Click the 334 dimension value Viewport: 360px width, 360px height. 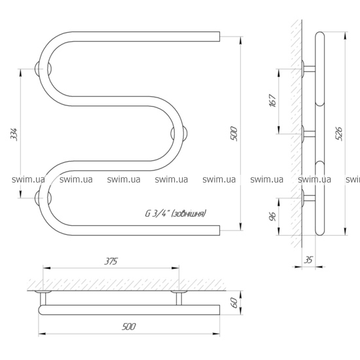tap(14, 134)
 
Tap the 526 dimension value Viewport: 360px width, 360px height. tap(339, 134)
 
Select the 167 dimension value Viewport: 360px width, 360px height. tap(273, 100)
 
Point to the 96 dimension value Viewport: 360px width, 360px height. tap(272, 217)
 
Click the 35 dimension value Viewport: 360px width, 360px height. tap(308, 260)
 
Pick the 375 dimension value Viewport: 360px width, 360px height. tap(111, 261)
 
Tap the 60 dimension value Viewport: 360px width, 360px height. tap(234, 303)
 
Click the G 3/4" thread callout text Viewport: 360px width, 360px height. tap(175, 213)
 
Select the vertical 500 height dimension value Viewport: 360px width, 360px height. tap(234, 134)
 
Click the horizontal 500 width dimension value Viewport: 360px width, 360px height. tap(129, 327)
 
